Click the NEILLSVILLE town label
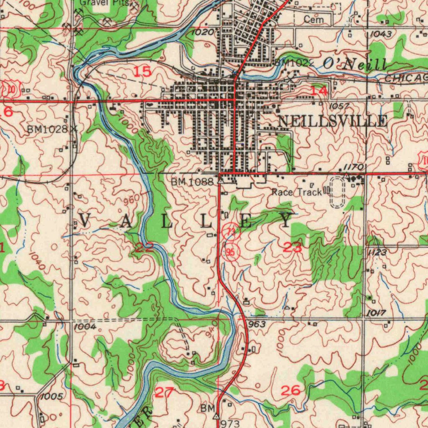coord(332,121)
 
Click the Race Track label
coord(297,192)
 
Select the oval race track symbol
coord(339,192)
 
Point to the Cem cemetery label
coord(313,19)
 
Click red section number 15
coord(142,72)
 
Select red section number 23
coord(293,247)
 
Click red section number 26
coord(290,391)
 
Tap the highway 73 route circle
coord(231,233)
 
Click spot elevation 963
coord(257,324)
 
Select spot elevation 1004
coord(85,326)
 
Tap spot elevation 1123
coord(377,252)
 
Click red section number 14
coord(320,91)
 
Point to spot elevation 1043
coord(381,34)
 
